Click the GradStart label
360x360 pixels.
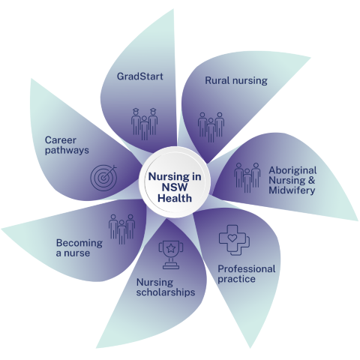tap(139, 76)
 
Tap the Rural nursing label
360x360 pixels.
tap(236, 81)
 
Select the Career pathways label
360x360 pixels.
tap(67, 145)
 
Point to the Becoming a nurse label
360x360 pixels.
tap(79, 247)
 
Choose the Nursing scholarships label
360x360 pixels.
tap(166, 287)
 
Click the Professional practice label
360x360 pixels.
tap(247, 274)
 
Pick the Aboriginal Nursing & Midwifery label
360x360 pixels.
tap(292, 180)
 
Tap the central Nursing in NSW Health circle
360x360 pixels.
tap(175, 183)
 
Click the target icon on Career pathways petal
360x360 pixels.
tap(103, 178)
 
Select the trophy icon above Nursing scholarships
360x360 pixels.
tap(171, 255)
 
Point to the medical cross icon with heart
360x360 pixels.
tap(234, 240)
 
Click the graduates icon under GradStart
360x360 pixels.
tap(145, 124)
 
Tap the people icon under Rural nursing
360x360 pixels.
tap(211, 127)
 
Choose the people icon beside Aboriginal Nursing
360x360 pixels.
tap(247, 178)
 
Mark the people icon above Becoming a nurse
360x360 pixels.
tap(121, 229)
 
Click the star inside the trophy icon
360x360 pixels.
tap(171, 248)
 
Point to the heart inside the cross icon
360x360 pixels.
tap(232, 238)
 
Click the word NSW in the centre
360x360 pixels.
tap(175, 187)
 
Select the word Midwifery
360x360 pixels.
tap(292, 190)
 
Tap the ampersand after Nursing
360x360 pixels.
tap(312, 180)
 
